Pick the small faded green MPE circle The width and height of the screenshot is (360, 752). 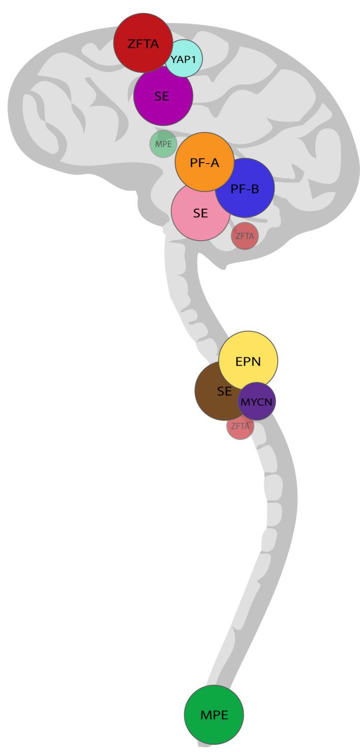click(163, 144)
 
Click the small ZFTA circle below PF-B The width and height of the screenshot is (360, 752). click(245, 236)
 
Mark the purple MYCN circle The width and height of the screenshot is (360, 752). click(257, 401)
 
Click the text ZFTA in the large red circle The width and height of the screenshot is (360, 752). click(143, 44)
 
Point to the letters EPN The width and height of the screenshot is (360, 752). click(248, 362)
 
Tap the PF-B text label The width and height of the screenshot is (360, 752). click(245, 189)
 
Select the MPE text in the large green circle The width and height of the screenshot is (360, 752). click(214, 715)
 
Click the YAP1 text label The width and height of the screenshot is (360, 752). click(183, 58)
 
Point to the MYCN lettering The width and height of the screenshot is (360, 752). click(257, 402)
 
